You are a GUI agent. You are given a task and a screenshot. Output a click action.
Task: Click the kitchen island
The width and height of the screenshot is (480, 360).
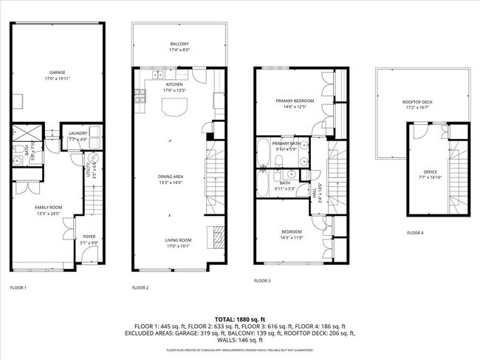coord(174,109)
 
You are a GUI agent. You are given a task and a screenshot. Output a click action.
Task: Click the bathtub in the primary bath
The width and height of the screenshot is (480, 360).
coord(264,154)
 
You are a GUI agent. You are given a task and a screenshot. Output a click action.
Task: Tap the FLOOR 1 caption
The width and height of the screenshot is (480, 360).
coord(18,287)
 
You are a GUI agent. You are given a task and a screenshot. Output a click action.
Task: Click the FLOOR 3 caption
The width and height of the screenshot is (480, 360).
coord(262,281)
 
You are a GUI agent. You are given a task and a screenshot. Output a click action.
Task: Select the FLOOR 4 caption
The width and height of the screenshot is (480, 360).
coord(416,233)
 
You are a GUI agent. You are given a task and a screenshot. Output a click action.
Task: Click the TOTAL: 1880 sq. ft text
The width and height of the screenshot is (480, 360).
coord(240,318)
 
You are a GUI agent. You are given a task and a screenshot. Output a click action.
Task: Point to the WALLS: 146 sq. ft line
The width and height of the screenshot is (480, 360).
coord(240,340)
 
